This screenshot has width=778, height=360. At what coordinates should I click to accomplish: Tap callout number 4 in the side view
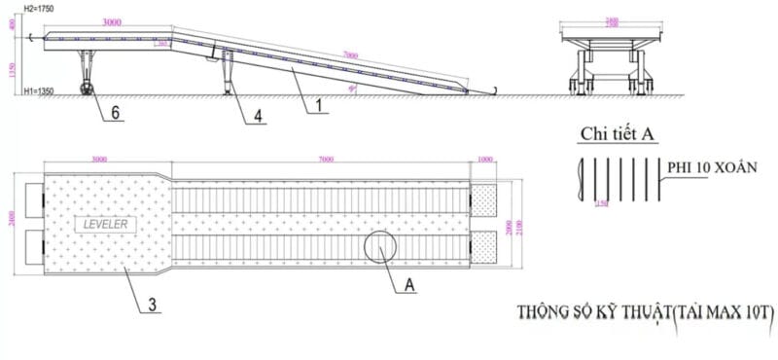(x=257, y=116)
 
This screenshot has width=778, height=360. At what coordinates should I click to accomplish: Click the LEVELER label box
(x=108, y=223)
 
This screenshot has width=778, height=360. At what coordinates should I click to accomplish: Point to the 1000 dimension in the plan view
(x=485, y=159)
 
